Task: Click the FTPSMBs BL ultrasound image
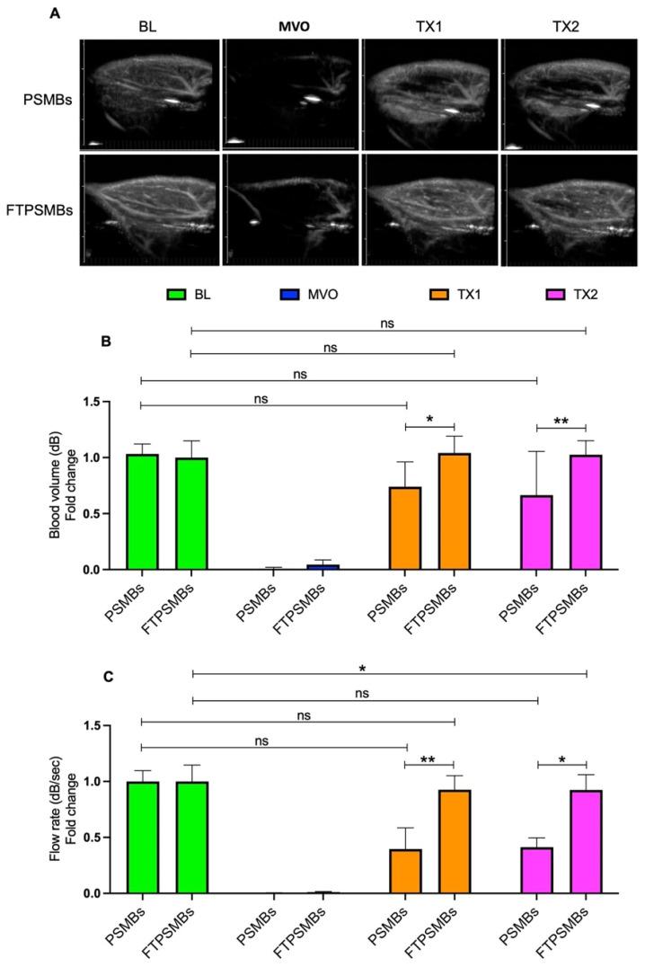pyautogui.click(x=150, y=209)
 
